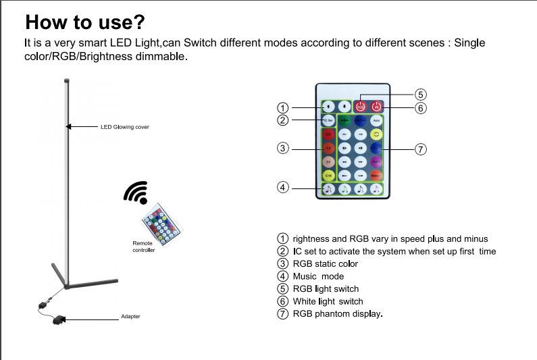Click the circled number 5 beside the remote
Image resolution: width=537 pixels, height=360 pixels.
420,95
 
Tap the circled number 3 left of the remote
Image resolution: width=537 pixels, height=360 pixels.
283,148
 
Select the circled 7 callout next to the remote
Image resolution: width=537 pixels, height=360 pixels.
420,149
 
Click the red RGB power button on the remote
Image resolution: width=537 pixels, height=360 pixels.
361,106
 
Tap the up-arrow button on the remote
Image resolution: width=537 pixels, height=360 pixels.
328,106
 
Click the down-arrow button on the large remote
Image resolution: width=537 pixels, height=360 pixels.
344,106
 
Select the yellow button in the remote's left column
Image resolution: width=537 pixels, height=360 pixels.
328,175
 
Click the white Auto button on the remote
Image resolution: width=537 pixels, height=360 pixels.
376,120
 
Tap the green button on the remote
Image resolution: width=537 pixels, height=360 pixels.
344,120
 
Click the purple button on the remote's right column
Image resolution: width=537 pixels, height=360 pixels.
376,162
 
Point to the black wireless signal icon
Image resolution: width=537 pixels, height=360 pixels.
136,192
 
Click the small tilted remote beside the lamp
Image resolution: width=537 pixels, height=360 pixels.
161,223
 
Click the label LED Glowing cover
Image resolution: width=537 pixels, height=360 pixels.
125,127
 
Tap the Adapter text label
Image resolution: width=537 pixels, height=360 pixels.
130,317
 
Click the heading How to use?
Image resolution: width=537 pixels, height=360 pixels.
85,22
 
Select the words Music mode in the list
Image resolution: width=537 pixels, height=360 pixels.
318,276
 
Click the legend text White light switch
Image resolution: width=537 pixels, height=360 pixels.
328,301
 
